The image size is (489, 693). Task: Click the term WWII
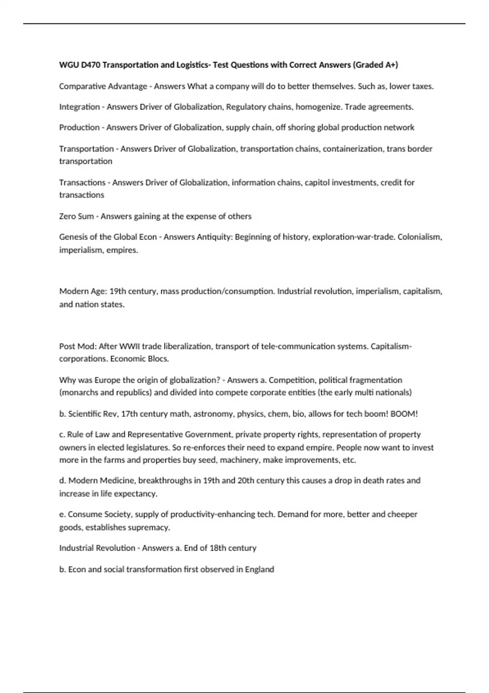pyautogui.click(x=130, y=346)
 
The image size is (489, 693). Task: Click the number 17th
pyautogui.click(x=130, y=414)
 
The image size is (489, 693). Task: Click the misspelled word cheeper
pyautogui.click(x=403, y=514)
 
